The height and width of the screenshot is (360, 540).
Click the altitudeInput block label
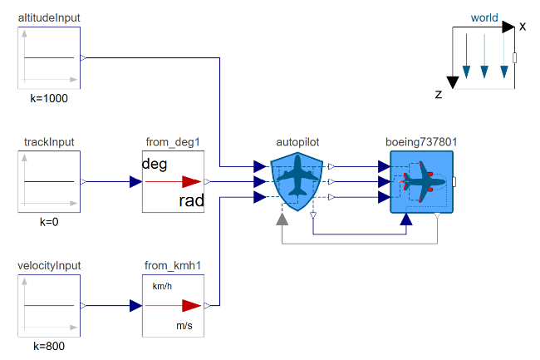click(x=49, y=17)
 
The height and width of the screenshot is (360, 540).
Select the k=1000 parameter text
click(x=49, y=98)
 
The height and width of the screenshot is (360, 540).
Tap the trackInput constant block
click(x=49, y=181)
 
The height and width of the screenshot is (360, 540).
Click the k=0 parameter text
click(x=49, y=223)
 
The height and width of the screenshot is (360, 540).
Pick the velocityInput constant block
click(x=49, y=306)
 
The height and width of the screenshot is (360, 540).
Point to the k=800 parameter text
click(x=49, y=347)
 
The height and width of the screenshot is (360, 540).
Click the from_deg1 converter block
click(x=173, y=181)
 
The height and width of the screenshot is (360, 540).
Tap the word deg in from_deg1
click(x=155, y=163)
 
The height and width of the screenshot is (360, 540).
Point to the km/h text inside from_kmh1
click(x=162, y=286)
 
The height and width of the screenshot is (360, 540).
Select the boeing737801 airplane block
click(x=421, y=181)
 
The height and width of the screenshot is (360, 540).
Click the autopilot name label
click(x=297, y=142)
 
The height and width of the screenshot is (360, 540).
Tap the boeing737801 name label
click(x=421, y=142)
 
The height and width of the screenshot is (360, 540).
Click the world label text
click(x=484, y=17)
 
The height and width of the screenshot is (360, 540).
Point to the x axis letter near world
click(x=523, y=27)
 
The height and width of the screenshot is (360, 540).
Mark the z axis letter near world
click(x=438, y=95)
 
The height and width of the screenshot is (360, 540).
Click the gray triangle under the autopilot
click(x=282, y=219)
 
